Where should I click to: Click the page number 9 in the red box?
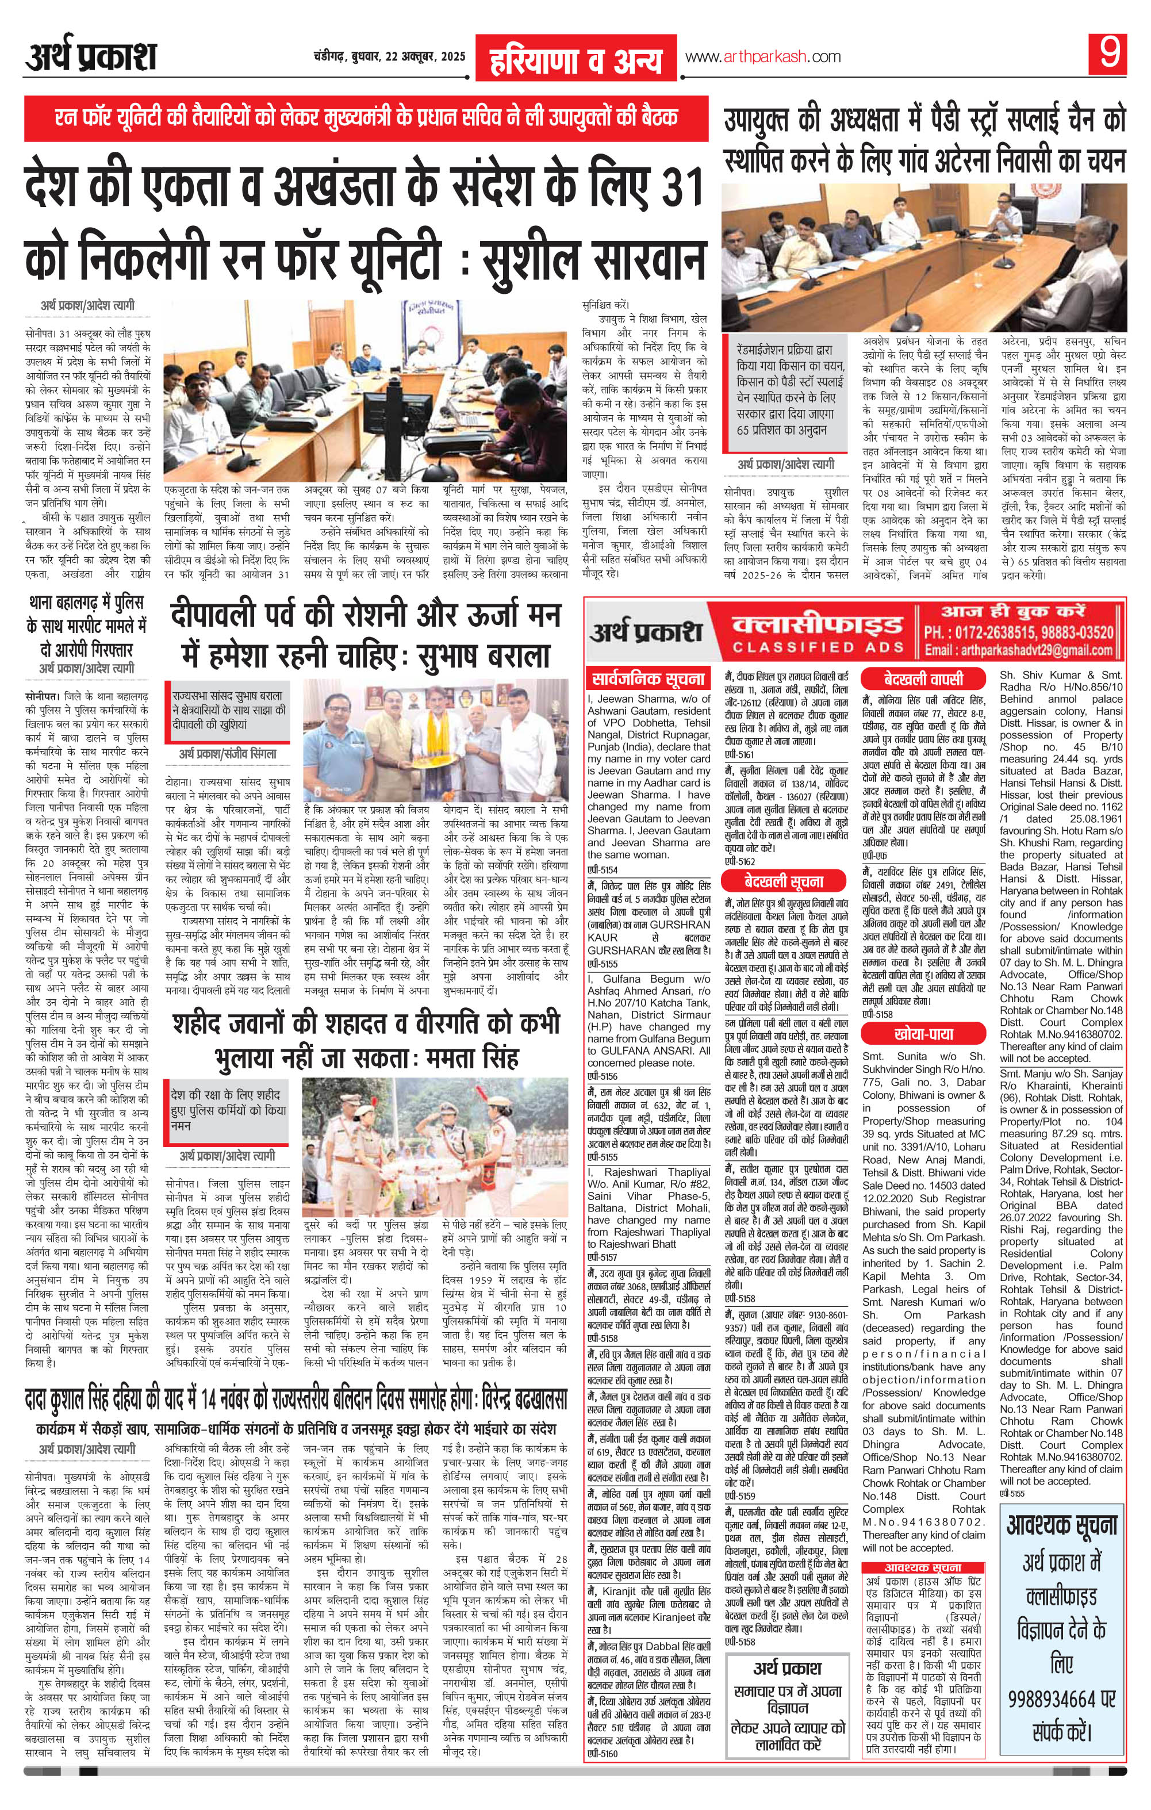coord(1108,54)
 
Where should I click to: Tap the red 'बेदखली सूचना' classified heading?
coord(784,881)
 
